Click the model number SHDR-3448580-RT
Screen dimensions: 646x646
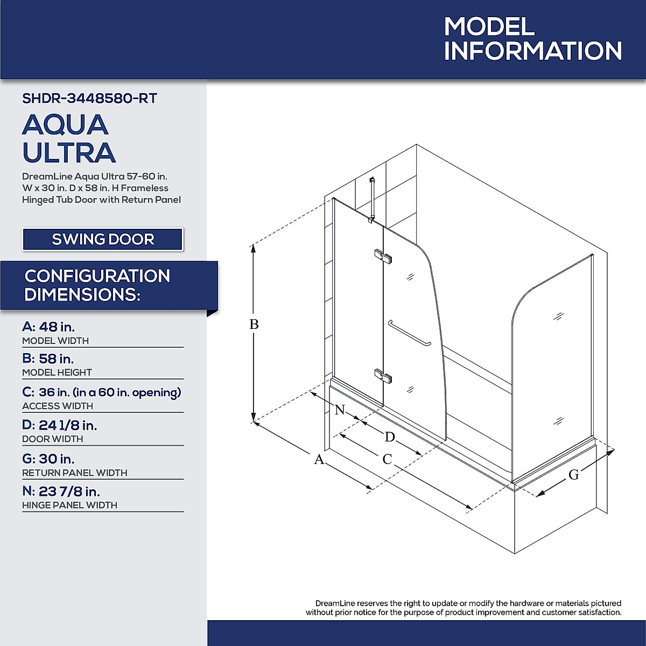[x=89, y=99]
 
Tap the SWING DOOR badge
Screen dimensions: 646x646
[x=103, y=239]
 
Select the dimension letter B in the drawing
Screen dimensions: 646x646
[x=254, y=325]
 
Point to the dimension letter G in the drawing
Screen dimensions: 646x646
[x=574, y=475]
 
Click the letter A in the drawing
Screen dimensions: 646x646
[x=319, y=460]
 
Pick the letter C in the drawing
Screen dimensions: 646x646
[x=387, y=459]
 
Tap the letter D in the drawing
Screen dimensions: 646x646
[x=390, y=437]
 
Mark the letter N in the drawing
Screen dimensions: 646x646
[x=340, y=410]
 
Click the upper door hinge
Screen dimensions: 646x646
[x=383, y=256]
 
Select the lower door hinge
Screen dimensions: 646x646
[x=383, y=376]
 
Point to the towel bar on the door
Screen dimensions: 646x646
[x=409, y=334]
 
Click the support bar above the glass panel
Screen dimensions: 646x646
[x=371, y=199]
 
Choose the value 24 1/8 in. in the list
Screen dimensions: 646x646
[x=68, y=425]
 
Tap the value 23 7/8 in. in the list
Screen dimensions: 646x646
[x=69, y=491]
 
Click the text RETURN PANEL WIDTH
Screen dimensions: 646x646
[x=75, y=473]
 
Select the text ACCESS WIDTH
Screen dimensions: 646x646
[x=58, y=406]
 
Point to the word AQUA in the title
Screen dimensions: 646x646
[x=66, y=125]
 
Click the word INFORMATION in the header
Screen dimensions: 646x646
[x=533, y=51]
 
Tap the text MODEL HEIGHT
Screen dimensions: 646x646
[x=57, y=373]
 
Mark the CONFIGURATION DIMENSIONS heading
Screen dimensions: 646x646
[x=97, y=285]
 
